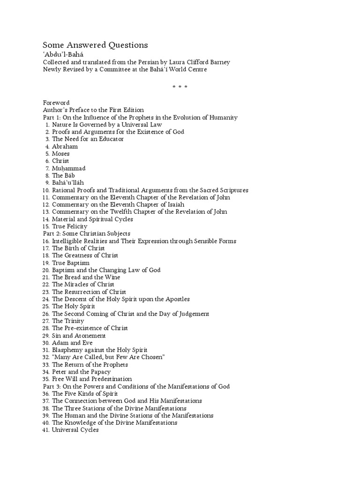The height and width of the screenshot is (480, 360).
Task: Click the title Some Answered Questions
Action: (x=95, y=45)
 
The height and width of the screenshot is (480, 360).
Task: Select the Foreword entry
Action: (x=56, y=103)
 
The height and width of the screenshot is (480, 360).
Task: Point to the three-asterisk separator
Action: (x=180, y=87)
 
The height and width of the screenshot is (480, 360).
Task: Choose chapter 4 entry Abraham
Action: (x=65, y=146)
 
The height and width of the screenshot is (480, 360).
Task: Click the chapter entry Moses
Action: (x=61, y=154)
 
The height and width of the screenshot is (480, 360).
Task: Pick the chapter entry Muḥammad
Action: (x=68, y=168)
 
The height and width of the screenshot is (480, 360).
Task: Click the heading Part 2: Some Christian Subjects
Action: (x=86, y=233)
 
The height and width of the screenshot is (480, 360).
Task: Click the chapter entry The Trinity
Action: (x=68, y=321)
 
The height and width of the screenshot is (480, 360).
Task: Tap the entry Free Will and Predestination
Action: (x=92, y=379)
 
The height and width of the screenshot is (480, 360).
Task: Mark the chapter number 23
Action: (x=46, y=292)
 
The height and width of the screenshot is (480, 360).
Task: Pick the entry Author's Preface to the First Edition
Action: (x=93, y=110)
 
